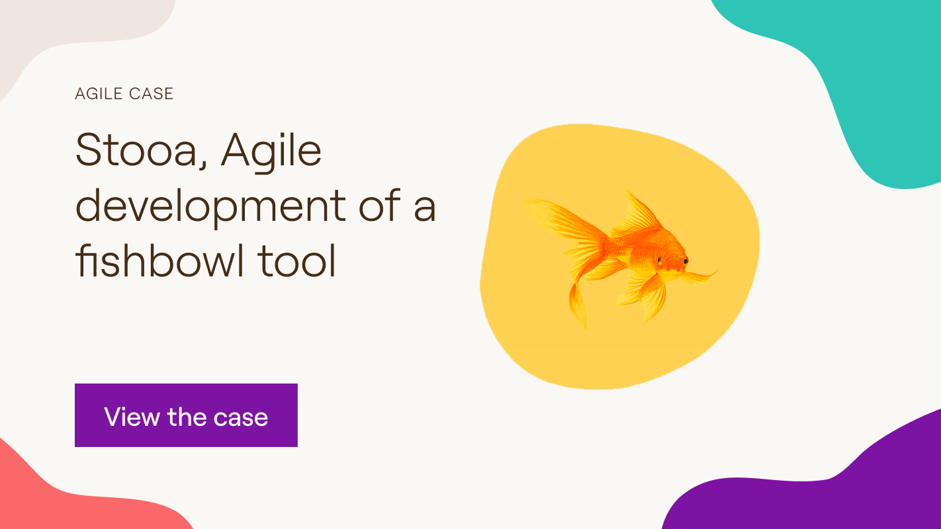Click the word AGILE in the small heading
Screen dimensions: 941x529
coord(99,94)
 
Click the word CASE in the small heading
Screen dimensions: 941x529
coord(152,94)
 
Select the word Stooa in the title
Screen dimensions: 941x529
coord(136,150)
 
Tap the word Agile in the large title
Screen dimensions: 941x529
coord(271,152)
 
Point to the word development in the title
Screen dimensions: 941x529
coord(210,208)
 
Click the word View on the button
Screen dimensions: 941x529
coord(132,417)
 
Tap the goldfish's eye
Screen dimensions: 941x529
coord(686,261)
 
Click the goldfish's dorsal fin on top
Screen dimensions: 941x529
coord(637,213)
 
